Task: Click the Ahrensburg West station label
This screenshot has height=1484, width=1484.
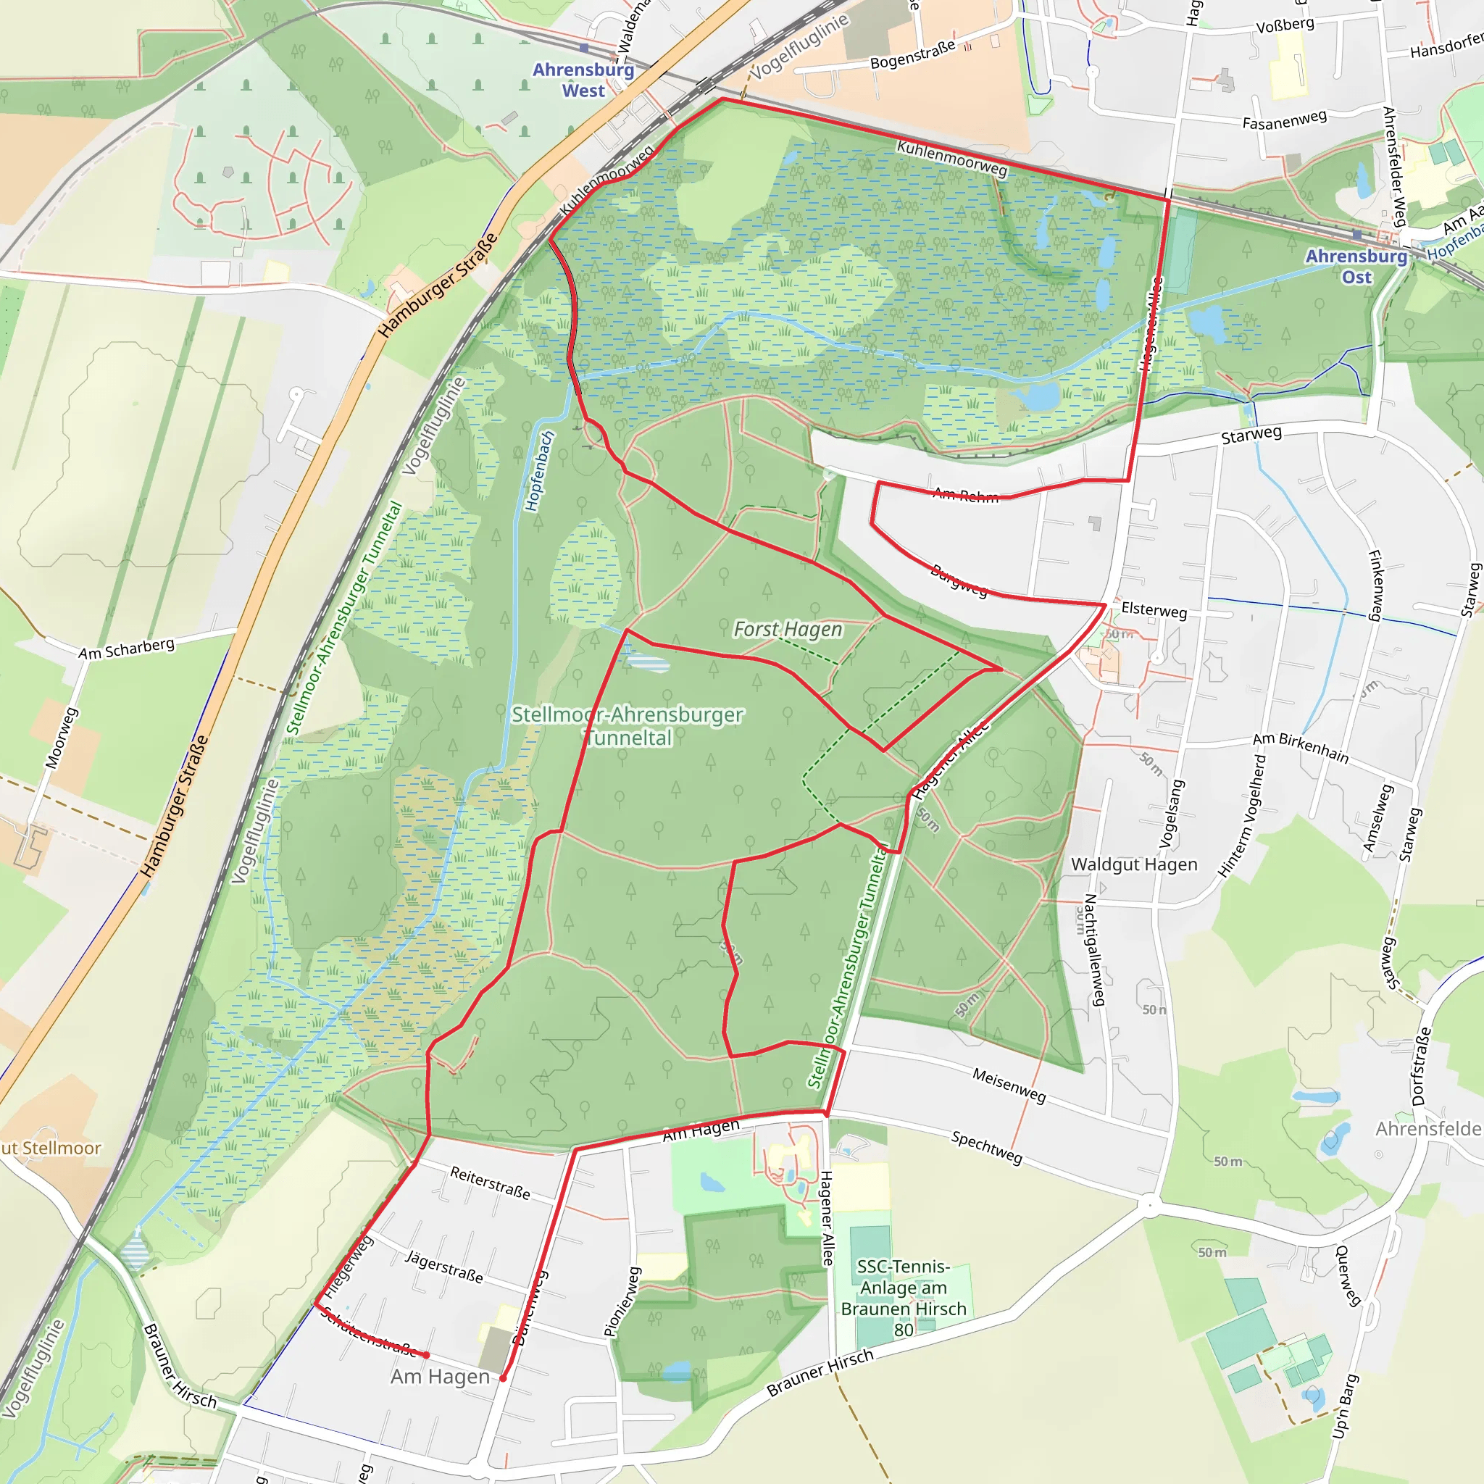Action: coord(583,80)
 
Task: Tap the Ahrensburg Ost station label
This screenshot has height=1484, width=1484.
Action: coord(1356,267)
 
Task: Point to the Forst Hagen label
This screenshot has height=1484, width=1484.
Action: coord(788,630)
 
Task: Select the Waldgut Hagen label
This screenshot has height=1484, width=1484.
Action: coord(1134,865)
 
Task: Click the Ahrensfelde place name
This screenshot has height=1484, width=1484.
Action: coord(1427,1129)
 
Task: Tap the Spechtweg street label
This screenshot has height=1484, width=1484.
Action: coord(986,1147)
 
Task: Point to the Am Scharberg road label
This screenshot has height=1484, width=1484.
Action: coord(126,649)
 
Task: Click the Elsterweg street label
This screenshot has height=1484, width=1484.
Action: coord(1154,610)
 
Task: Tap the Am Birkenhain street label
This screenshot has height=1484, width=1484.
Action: coord(1301,748)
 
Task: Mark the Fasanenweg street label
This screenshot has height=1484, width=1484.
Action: coord(1284,120)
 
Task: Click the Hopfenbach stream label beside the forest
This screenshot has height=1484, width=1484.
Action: coord(539,471)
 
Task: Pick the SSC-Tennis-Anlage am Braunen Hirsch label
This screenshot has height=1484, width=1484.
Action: coord(904,1298)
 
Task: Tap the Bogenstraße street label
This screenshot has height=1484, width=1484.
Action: coord(912,54)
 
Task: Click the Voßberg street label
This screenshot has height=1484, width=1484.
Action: coord(1285,25)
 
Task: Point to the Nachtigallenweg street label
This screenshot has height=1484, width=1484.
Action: coord(1093,949)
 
